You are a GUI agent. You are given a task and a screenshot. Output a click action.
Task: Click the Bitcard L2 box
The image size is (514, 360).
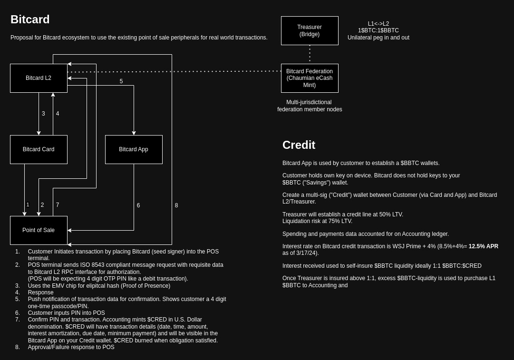point(39,78)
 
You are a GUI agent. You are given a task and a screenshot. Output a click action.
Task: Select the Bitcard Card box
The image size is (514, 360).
point(39,149)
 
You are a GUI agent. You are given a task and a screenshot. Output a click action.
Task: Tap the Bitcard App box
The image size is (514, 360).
point(134,149)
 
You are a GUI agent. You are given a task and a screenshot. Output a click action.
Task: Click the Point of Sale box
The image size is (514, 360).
point(39,230)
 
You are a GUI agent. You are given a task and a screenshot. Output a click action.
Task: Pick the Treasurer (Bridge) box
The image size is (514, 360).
point(310,30)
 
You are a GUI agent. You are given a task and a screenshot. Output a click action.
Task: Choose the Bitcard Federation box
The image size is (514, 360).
point(310,78)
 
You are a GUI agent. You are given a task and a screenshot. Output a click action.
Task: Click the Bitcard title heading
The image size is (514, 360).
point(30,19)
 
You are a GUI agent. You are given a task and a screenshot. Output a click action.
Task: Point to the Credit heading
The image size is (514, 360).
point(299,145)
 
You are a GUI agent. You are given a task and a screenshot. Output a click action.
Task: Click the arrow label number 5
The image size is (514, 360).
point(121,81)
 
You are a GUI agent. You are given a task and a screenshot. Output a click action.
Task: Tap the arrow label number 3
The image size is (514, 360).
point(43,114)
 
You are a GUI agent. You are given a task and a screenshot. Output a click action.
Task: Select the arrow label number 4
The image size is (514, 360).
point(58,114)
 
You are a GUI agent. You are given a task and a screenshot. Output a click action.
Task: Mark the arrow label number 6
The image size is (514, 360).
point(138,205)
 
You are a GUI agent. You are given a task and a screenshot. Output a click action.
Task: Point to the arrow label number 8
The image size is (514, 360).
point(176,205)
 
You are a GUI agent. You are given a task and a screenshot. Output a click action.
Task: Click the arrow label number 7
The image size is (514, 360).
point(58,205)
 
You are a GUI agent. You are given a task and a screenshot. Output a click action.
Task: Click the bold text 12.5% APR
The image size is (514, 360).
point(484,246)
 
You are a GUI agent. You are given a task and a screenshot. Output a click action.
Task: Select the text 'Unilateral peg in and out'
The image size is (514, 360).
point(378,38)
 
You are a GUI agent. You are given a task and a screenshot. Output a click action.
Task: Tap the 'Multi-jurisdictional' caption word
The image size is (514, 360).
point(309,102)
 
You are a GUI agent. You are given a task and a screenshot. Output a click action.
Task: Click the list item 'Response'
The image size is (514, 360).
point(40,292)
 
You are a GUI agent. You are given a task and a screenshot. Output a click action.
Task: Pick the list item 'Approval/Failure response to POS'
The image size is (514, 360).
point(71,347)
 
